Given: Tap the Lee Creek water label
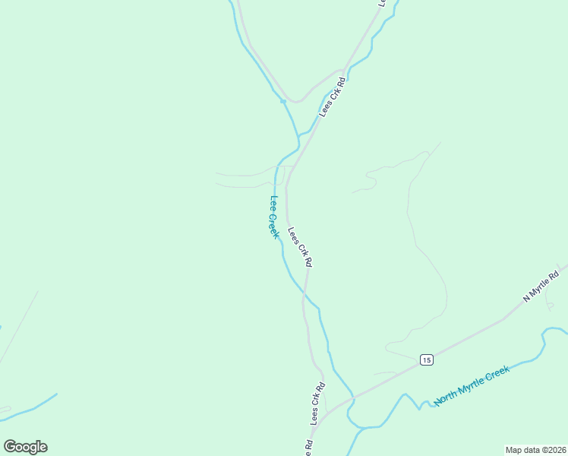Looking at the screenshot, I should tap(274, 217).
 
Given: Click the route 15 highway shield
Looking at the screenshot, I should tap(426, 359).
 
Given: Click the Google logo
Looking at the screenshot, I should tap(25, 447).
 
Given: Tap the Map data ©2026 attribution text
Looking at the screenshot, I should tap(535, 449).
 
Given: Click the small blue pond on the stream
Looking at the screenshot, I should tap(282, 100).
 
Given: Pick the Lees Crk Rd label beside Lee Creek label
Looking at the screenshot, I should tap(300, 246).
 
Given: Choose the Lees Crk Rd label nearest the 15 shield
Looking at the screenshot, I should tap(317, 403).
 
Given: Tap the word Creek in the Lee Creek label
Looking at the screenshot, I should tap(275, 225).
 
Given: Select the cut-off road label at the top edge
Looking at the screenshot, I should tap(383, 3).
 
